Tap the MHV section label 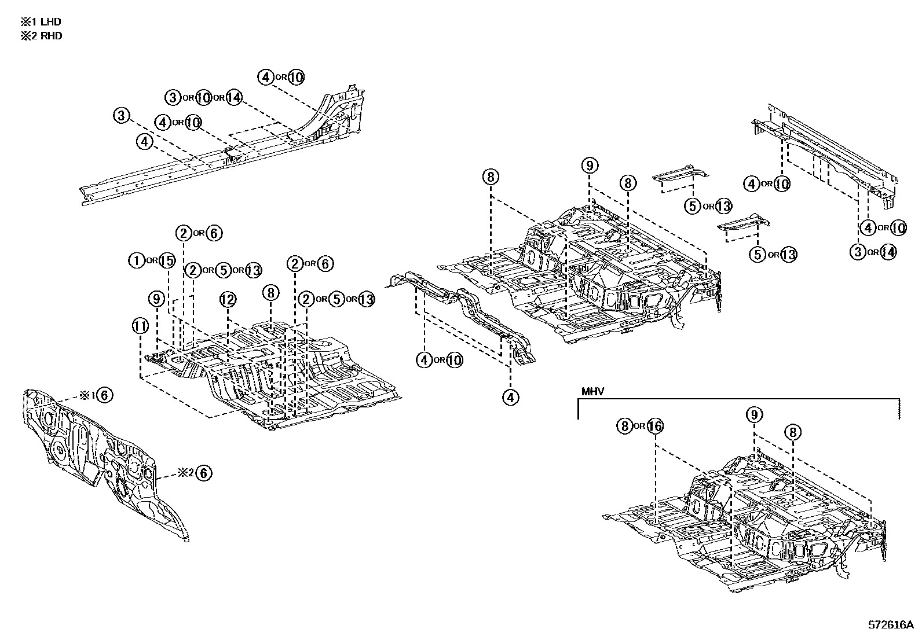[x=592, y=392]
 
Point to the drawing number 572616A [x=890, y=625]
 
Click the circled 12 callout [x=228, y=299]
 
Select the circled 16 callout [x=654, y=427]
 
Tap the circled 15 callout [x=166, y=261]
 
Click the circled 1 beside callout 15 [x=137, y=261]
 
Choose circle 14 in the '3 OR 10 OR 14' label [x=233, y=98]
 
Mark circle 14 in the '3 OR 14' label [x=888, y=252]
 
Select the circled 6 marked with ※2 [x=203, y=473]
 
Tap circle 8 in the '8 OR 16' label [x=624, y=427]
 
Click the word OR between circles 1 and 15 [x=152, y=262]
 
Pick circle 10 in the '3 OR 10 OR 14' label [x=203, y=98]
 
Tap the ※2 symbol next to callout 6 [x=185, y=473]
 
